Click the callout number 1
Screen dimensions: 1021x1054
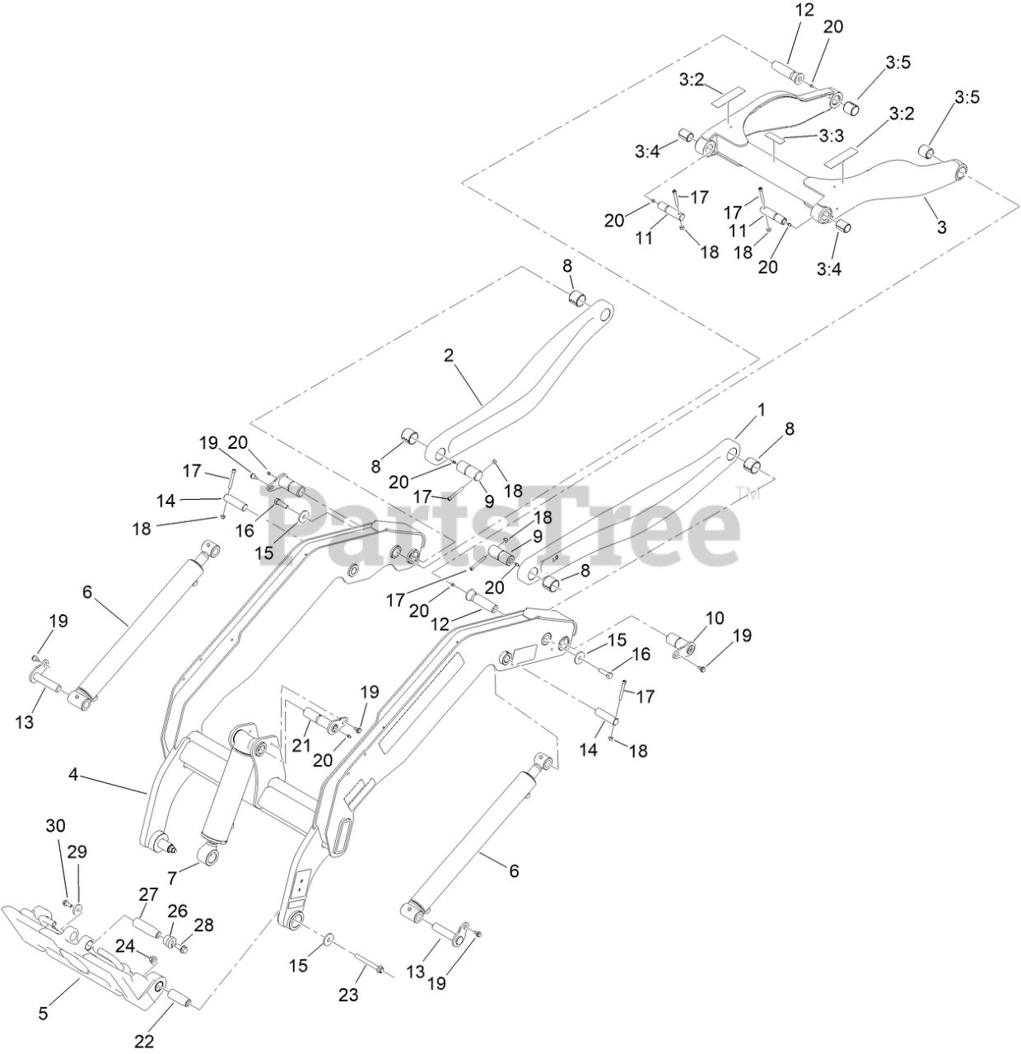pyautogui.click(x=762, y=409)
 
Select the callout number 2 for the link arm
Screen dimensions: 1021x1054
pyautogui.click(x=449, y=356)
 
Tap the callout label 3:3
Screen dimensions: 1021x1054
pyautogui.click(x=832, y=134)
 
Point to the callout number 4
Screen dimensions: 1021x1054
pyautogui.click(x=74, y=775)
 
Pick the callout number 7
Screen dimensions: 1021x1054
pyautogui.click(x=171, y=879)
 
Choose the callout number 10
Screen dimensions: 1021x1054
pyautogui.click(x=714, y=618)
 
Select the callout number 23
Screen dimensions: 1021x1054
pyautogui.click(x=348, y=995)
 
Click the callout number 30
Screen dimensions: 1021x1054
pyautogui.click(x=54, y=825)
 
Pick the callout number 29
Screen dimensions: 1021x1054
pyautogui.click(x=77, y=851)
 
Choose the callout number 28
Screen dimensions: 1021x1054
pyautogui.click(x=203, y=925)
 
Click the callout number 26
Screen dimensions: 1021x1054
pyautogui.click(x=178, y=911)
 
